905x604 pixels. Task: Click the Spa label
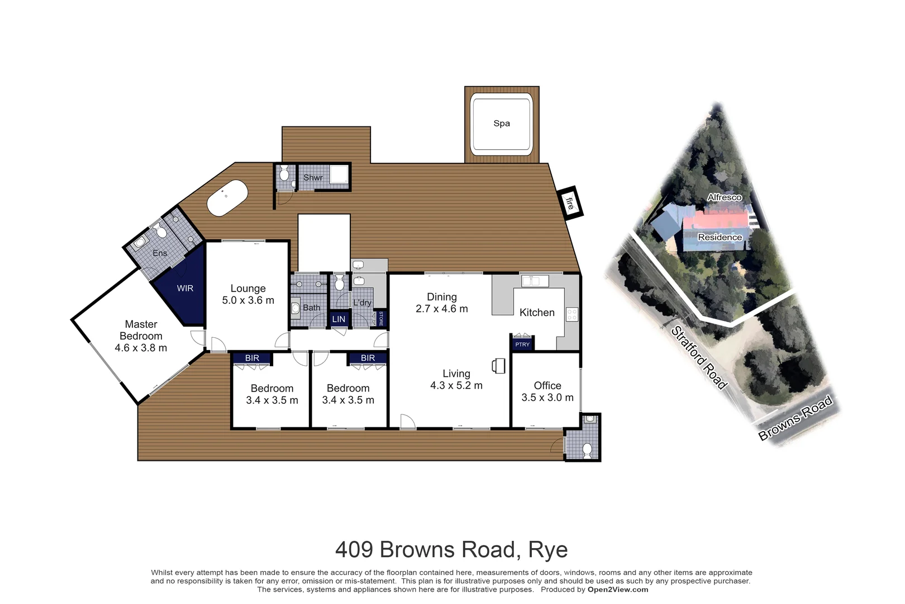[x=501, y=124]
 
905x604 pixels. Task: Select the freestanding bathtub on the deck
[x=227, y=197]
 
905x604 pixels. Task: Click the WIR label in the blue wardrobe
[x=185, y=289]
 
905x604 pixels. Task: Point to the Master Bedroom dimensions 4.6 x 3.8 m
[x=141, y=348]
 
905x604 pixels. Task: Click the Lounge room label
[x=248, y=289]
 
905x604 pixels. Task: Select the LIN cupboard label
[x=339, y=319]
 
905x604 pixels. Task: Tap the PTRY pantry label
[x=522, y=345]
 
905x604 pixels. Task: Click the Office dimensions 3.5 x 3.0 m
[x=547, y=398]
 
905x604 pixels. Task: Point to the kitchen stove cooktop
[x=571, y=314]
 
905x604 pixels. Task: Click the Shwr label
[x=313, y=178]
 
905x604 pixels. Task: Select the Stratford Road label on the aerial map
[x=698, y=357]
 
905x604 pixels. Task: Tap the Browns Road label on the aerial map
[x=795, y=417]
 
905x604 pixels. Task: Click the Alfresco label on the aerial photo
[x=724, y=197]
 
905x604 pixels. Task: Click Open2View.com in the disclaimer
[x=618, y=589]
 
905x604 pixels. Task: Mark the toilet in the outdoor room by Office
[x=587, y=450]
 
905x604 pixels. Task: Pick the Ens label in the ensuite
[x=160, y=253]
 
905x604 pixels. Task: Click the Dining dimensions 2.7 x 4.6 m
[x=441, y=309]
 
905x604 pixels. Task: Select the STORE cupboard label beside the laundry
[x=381, y=318]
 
